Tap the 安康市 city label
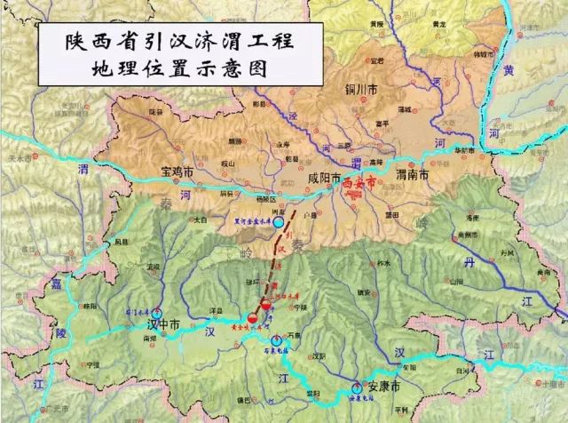383,388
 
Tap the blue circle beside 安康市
357,387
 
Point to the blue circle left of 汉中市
157,313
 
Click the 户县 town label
310,213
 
